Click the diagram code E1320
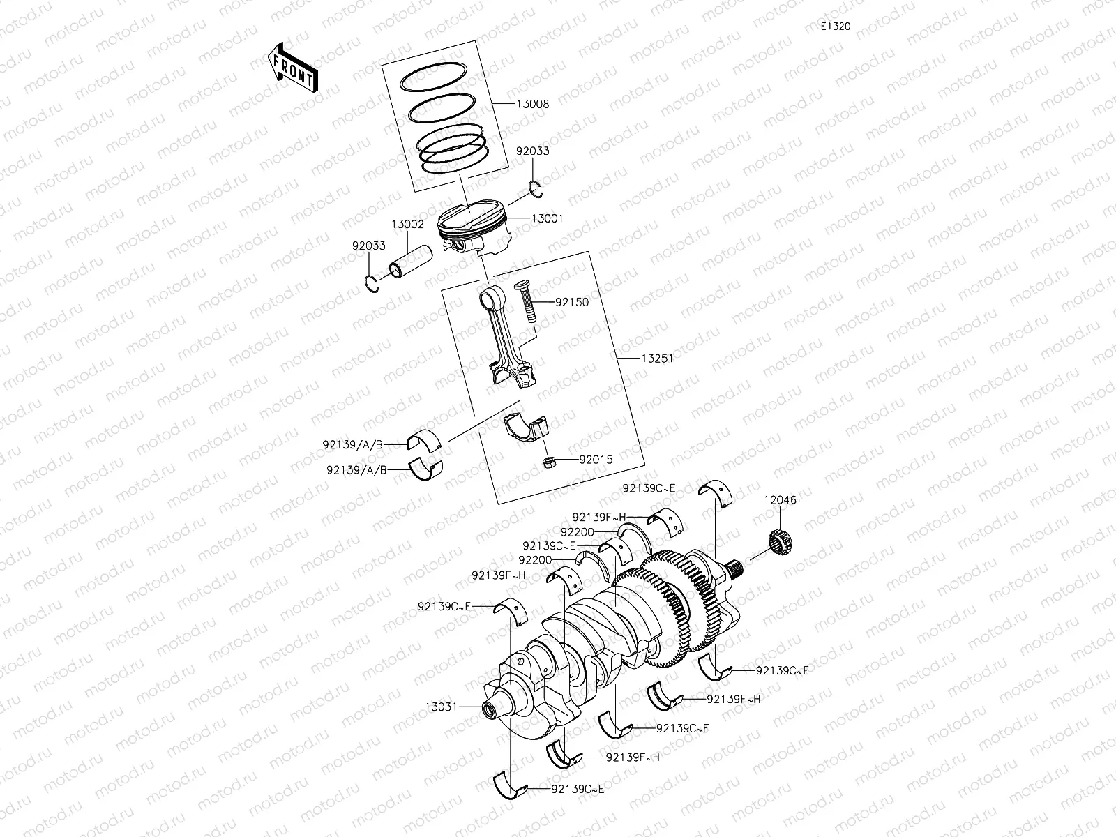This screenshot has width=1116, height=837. [x=835, y=27]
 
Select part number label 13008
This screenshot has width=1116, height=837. [x=532, y=105]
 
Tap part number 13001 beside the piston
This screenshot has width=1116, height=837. [x=547, y=218]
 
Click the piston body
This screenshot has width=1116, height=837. [x=472, y=230]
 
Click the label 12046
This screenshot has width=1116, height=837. [x=780, y=500]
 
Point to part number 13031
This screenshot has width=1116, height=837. [x=440, y=707]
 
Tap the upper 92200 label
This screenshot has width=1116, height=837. [x=577, y=532]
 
